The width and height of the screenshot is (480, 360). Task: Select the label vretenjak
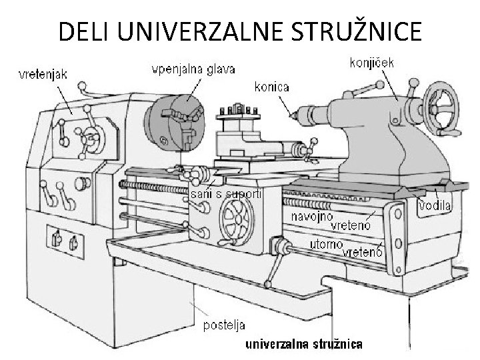pos(41,74)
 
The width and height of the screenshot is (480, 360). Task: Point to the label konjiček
pos(372,63)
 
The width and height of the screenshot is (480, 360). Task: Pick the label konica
pos(271,87)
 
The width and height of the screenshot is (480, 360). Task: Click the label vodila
pos(435,207)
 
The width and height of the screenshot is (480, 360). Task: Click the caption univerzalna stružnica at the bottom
pos(305,344)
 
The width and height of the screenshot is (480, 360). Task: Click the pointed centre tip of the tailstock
pos(292,116)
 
